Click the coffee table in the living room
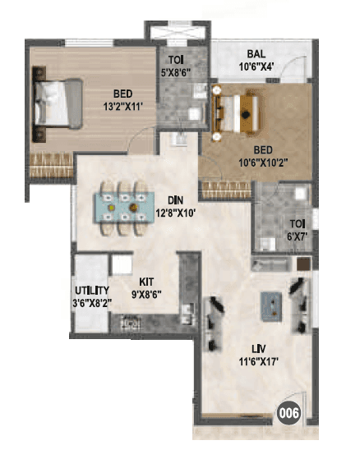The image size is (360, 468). click(270, 305)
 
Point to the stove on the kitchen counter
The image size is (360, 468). click(127, 323)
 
